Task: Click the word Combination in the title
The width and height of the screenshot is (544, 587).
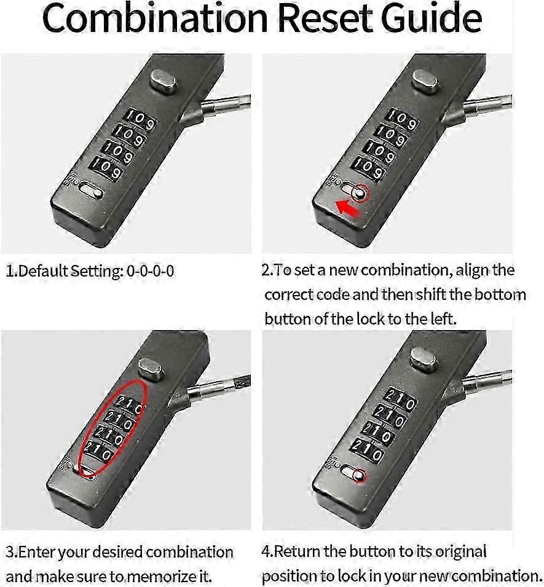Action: click(x=155, y=18)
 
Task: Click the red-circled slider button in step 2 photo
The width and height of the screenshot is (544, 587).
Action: click(x=360, y=194)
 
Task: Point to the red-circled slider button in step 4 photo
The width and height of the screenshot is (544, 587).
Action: click(x=359, y=476)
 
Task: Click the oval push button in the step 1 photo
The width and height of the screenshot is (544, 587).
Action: click(x=164, y=81)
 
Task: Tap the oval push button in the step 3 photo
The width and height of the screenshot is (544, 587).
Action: click(x=151, y=369)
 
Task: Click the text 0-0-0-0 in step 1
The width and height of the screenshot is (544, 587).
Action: click(x=151, y=271)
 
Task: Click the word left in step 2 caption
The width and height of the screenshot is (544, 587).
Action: click(x=443, y=319)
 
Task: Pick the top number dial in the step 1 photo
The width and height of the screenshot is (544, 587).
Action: click(x=140, y=119)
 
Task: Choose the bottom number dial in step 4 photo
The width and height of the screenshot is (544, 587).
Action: click(x=368, y=450)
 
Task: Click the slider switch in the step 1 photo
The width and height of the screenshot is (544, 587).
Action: click(x=91, y=191)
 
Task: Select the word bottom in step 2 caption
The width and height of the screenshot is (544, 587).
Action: click(x=500, y=294)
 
